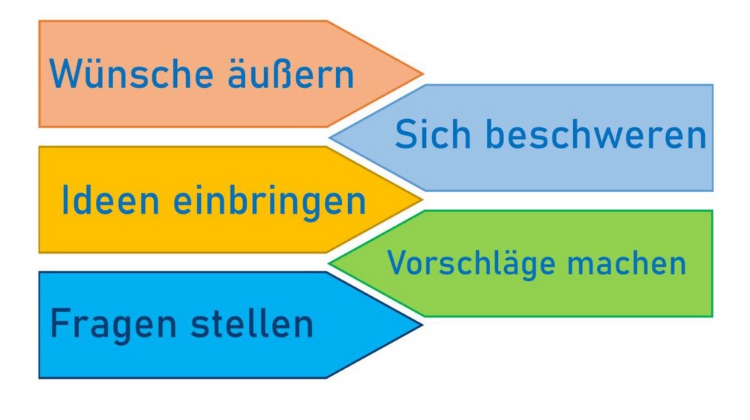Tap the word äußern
coord(291,73)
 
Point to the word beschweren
coord(596,134)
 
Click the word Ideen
coord(110,200)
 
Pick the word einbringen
coord(269,202)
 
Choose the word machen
coord(626,262)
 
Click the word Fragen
coord(113,326)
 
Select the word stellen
coord(252,323)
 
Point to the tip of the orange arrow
coord(423,74)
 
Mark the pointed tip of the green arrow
coord(329,262)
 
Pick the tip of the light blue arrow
coord(329,138)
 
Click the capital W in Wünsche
coord(64,73)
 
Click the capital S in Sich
coord(406,134)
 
